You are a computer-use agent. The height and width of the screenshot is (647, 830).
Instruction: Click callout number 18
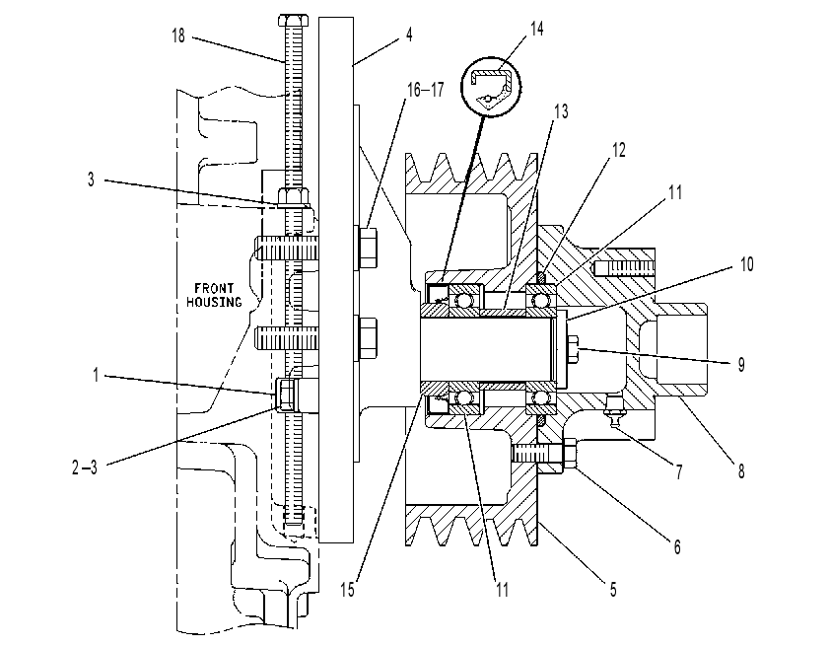click(x=178, y=36)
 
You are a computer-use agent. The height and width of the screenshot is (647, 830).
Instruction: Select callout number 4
click(x=409, y=35)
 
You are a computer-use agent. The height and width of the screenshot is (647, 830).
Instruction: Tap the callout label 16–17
click(x=425, y=90)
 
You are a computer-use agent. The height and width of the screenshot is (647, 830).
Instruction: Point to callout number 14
click(x=537, y=29)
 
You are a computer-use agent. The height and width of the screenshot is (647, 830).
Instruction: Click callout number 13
click(x=561, y=111)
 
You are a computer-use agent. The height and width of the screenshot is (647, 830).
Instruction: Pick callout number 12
click(x=619, y=150)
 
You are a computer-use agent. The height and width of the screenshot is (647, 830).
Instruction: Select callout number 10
click(x=746, y=264)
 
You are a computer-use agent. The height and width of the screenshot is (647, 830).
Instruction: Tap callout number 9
click(x=741, y=364)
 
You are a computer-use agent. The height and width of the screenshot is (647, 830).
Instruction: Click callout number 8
click(x=741, y=470)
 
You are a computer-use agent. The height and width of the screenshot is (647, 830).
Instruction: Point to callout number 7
click(x=679, y=470)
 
